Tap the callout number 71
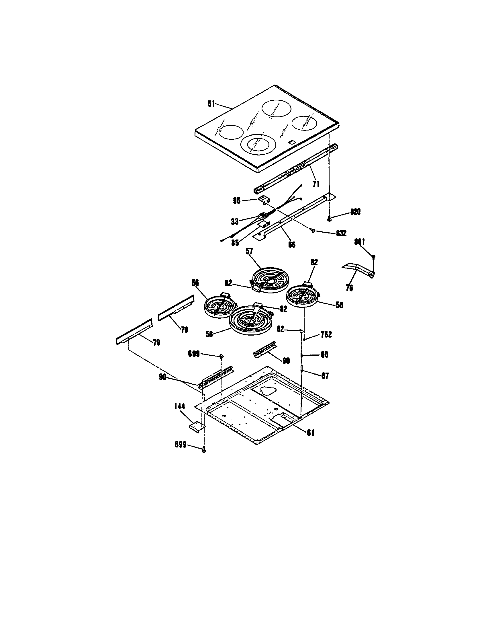316,184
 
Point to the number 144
179,406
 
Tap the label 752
326,334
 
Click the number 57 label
249,251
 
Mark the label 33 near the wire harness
235,222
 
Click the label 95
237,201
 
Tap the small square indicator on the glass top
292,142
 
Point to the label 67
325,376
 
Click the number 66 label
292,245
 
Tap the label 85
235,242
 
